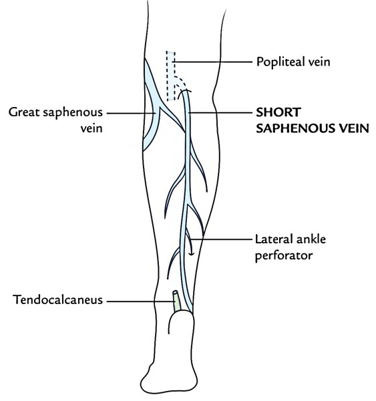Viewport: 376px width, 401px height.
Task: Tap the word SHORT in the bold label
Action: click(278, 112)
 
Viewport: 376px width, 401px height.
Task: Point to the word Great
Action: click(24, 112)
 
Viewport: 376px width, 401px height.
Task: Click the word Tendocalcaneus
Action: click(57, 299)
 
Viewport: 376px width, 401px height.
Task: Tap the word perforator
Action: click(284, 255)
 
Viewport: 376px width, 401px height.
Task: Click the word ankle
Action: click(312, 239)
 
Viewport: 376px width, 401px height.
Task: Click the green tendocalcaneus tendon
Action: click(176, 301)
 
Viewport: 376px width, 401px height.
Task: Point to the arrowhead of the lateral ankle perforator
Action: click(191, 254)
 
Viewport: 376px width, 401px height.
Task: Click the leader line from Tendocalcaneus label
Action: click(140, 301)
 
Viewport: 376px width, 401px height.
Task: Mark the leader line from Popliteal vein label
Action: click(212, 61)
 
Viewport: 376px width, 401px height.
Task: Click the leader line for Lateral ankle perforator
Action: click(221, 239)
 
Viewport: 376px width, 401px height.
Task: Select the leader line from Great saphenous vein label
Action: click(131, 113)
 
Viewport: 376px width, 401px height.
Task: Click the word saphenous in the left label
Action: click(73, 112)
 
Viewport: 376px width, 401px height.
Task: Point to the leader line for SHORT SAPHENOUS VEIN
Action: click(220, 112)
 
